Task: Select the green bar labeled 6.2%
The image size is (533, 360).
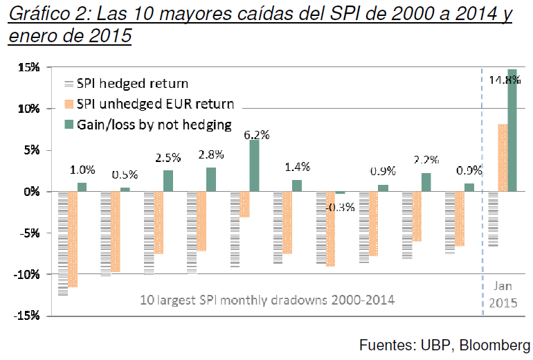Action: click(x=254, y=165)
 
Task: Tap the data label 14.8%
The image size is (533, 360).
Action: click(x=505, y=80)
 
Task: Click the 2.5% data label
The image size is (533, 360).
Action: click(x=167, y=159)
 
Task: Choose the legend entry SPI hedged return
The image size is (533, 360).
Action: click(x=132, y=84)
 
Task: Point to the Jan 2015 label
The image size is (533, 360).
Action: click(x=503, y=294)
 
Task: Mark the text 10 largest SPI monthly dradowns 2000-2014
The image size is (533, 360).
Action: click(x=266, y=301)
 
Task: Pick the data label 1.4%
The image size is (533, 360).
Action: click(x=297, y=167)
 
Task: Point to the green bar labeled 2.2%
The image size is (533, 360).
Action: click(x=426, y=182)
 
